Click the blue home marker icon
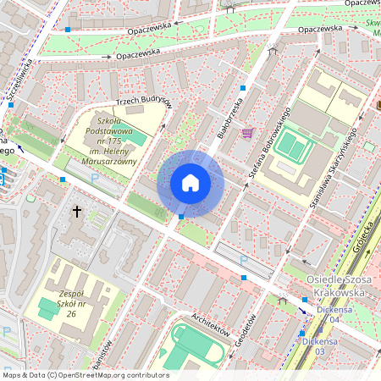[190, 183]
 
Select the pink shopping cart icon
[247, 133]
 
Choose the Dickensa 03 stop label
[308, 345]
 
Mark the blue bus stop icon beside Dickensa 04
[304, 300]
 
